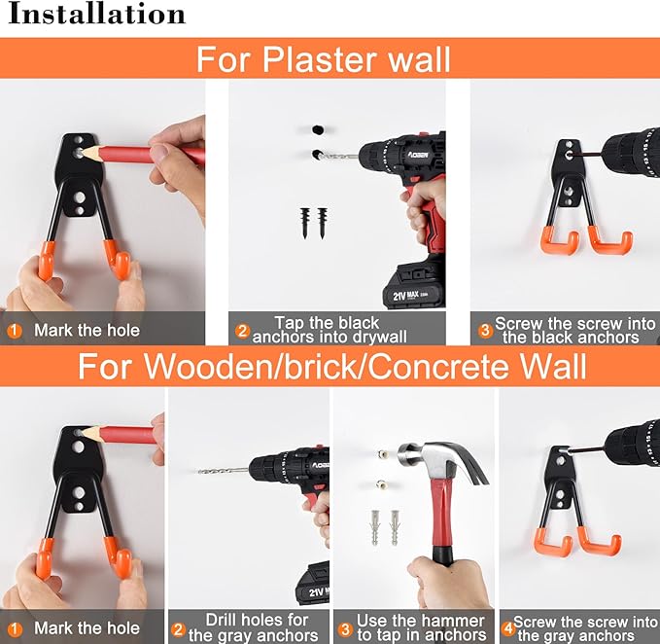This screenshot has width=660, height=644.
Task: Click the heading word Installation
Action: tap(97, 15)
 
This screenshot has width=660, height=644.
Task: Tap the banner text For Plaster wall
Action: tap(324, 59)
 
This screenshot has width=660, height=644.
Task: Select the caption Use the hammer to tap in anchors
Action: tap(420, 627)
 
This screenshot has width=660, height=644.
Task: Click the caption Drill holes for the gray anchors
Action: tap(256, 627)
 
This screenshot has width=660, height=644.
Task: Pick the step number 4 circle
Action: tap(507, 628)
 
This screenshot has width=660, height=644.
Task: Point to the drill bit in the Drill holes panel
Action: tap(223, 471)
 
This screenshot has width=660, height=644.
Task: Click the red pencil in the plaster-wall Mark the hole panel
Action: tap(146, 154)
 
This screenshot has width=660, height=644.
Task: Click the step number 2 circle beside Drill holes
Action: tap(178, 629)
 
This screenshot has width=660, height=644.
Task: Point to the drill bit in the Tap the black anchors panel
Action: tap(339, 156)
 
